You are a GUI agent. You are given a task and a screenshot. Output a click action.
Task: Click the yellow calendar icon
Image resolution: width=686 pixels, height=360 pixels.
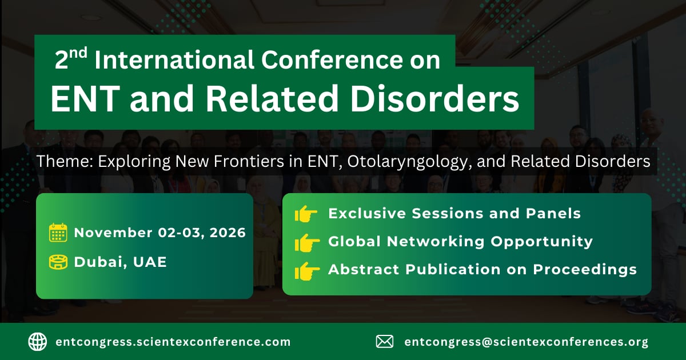point(58,233)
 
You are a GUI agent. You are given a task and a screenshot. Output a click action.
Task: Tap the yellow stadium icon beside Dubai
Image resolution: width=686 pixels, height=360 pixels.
point(58,262)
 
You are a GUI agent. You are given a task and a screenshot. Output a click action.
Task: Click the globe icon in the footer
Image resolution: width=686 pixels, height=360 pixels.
point(38,342)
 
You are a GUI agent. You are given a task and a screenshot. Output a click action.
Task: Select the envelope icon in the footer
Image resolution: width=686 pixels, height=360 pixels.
point(385,342)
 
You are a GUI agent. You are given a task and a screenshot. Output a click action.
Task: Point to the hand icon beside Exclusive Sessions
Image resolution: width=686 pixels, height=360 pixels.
point(306,214)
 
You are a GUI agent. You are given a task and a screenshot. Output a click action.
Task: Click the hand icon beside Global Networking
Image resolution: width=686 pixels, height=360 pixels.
point(307,242)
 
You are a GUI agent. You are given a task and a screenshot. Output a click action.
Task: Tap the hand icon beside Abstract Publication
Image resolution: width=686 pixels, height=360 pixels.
point(307,271)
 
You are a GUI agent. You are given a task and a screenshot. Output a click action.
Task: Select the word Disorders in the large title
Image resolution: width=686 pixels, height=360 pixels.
point(434,98)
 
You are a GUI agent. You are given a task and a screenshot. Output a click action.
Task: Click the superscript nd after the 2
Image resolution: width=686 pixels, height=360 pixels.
point(78,53)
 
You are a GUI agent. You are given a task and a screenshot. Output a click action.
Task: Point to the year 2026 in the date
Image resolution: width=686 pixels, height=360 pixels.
point(228,233)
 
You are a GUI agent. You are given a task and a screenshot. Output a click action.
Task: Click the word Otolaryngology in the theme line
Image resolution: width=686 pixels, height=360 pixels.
point(410,162)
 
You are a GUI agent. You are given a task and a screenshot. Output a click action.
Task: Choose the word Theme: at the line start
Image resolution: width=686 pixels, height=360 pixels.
point(65,161)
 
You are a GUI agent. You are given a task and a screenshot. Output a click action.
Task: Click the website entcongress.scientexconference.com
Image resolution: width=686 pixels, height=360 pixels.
point(173,342)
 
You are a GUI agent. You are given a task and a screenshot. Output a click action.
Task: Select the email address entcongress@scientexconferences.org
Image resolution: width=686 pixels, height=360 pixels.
point(526,342)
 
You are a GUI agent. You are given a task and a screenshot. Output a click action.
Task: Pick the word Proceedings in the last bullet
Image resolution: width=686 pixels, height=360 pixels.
point(585,270)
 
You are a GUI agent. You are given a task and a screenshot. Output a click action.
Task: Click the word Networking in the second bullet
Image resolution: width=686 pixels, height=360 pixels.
point(436,242)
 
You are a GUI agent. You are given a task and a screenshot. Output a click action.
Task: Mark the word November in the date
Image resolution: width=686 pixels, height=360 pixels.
point(113,233)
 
